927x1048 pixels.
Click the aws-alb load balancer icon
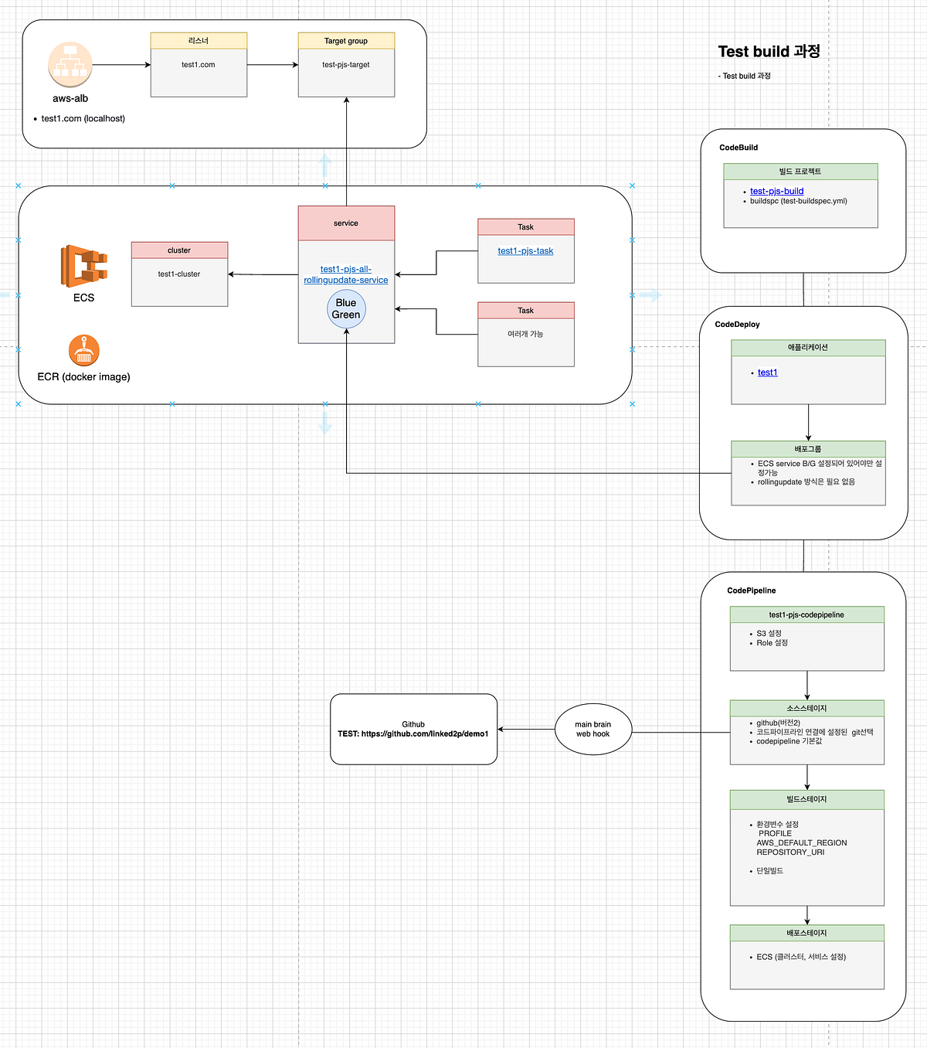[x=70, y=64]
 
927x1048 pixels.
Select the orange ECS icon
[x=83, y=266]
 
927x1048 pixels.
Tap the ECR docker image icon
[x=83, y=350]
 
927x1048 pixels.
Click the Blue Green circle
[x=346, y=309]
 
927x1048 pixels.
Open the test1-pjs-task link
[x=525, y=251]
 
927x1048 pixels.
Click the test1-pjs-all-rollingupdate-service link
[x=346, y=274]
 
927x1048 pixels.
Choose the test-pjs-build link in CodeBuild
[x=776, y=191]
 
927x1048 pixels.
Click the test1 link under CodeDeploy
[x=767, y=373]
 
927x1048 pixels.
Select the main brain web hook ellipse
[x=593, y=730]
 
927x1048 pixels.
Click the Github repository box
[x=413, y=729]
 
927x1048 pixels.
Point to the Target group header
[x=346, y=41]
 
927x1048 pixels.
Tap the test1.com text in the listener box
[x=199, y=65]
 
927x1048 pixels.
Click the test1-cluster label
[x=179, y=274]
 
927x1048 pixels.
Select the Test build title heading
[x=769, y=52]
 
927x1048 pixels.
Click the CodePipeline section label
[x=751, y=590]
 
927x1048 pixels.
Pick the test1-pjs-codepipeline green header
[x=806, y=615]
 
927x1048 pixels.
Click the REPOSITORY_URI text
[x=790, y=852]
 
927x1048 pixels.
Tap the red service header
[x=346, y=223]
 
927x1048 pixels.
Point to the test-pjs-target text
[x=346, y=65]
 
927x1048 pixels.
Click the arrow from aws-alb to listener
[x=121, y=65]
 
